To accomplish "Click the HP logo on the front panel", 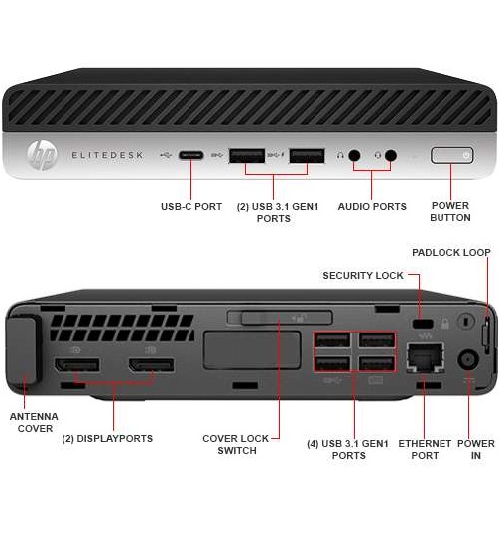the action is (42, 155).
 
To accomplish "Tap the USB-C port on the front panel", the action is (191, 156).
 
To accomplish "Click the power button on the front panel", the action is (452, 156).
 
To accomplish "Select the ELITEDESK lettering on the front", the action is (107, 155).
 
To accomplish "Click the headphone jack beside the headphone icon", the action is (355, 156).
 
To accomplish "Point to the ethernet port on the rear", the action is (426, 358).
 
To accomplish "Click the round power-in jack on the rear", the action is (468, 359).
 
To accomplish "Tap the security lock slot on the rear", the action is (423, 324).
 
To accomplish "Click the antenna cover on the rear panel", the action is (23, 349).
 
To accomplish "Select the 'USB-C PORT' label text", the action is (191, 207).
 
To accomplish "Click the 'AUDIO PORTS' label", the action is (372, 207).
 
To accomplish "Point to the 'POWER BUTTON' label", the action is (450, 211).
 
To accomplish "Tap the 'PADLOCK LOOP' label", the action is (451, 252).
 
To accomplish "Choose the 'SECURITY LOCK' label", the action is (363, 275).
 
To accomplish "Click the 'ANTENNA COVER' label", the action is (34, 422).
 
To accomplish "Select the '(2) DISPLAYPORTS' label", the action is (107, 438).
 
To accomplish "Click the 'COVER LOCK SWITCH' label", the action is (236, 444).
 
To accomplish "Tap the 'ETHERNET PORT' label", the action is (425, 449).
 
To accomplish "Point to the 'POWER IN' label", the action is (476, 449).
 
